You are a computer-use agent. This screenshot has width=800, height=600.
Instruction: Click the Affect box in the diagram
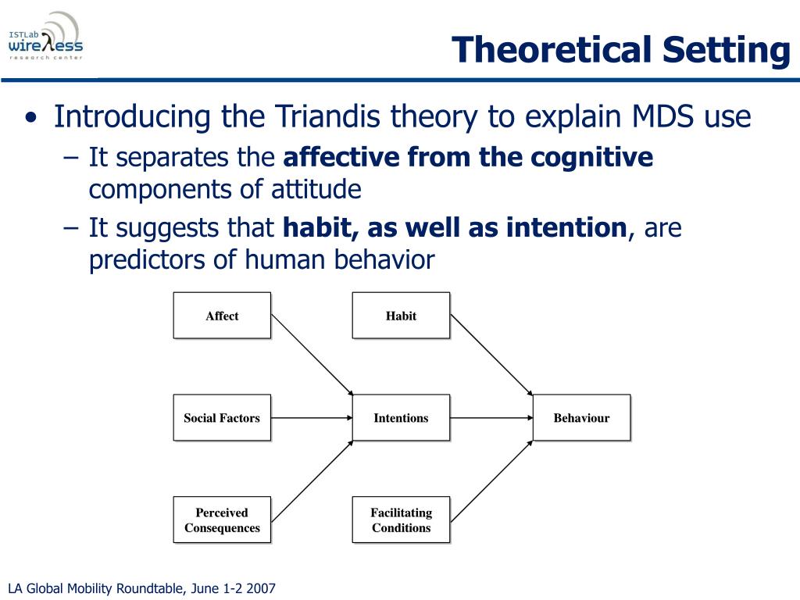[x=222, y=316]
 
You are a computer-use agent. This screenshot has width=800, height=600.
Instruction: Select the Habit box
[x=401, y=316]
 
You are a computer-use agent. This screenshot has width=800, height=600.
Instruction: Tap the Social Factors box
[x=222, y=417]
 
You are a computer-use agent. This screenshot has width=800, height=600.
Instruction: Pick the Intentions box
[x=401, y=417]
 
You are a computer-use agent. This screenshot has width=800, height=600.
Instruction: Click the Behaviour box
[x=581, y=417]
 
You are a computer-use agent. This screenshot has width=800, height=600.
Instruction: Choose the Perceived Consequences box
[x=222, y=520]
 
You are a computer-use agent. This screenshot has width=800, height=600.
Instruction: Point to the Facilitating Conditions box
[x=401, y=520]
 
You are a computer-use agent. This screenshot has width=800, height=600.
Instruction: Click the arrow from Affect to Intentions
[x=312, y=355]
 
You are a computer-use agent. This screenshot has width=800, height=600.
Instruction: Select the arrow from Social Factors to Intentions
[x=312, y=418]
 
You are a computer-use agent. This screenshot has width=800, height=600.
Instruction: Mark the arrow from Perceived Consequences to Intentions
[x=312, y=481]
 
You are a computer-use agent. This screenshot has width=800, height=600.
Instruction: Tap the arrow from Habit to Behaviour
[x=492, y=355]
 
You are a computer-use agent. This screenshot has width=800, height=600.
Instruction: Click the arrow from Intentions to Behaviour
[x=492, y=418]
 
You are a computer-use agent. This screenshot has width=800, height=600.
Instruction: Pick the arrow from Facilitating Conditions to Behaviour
[x=492, y=481]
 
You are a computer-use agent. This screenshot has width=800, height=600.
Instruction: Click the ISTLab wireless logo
[x=46, y=37]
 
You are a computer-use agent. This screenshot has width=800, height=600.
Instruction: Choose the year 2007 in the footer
[x=260, y=588]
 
